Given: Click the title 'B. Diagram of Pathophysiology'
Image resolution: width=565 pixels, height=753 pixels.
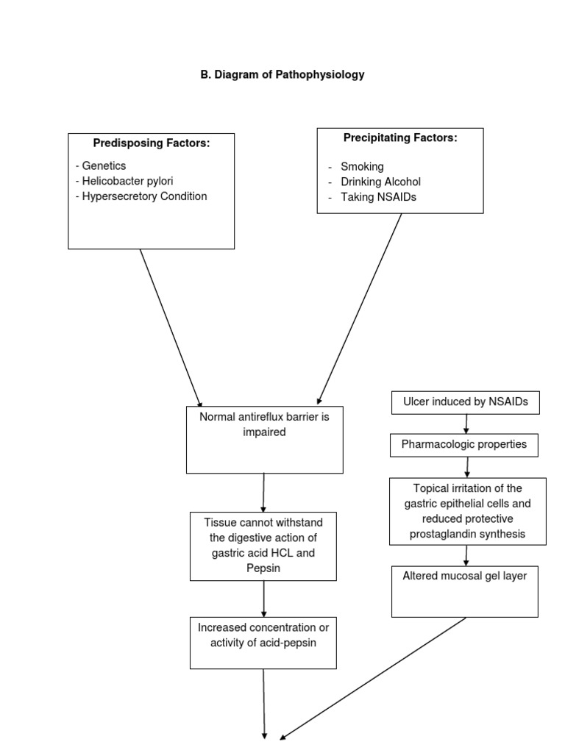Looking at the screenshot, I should tap(282, 75).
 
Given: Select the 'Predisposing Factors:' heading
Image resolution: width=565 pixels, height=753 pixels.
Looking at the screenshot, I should tap(151, 143).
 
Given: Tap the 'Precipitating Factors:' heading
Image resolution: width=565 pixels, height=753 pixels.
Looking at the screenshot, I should tap(400, 138).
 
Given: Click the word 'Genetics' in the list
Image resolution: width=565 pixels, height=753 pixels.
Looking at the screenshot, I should tap(104, 166).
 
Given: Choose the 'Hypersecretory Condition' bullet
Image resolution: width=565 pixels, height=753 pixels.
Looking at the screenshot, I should tap(141, 196).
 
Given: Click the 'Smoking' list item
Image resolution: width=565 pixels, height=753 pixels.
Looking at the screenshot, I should tap(361, 167).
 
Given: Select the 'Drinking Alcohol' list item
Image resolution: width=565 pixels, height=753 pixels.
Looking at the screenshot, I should tap(380, 182).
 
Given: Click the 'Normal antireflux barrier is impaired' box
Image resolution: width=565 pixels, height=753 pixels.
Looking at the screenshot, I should tap(265, 440).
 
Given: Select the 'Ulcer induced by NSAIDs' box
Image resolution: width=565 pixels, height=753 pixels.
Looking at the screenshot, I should tap(466, 402).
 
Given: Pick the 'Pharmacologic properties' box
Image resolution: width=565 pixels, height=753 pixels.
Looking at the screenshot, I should tap(464, 444).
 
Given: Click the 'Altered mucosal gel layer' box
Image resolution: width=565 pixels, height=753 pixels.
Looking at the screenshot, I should tap(465, 591).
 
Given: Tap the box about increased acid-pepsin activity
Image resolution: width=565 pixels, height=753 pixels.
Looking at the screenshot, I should tap(263, 642).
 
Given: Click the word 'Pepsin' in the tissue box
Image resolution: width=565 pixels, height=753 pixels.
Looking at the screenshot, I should tap(263, 568).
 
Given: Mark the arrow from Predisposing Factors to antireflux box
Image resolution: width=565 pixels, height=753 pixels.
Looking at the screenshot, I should tap(171, 328).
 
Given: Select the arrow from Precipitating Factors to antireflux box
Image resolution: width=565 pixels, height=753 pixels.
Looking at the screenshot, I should tap(360, 308).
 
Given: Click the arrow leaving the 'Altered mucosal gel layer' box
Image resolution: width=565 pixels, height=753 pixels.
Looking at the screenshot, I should tap(374, 677).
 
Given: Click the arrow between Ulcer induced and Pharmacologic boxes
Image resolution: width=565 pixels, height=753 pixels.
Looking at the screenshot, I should tap(466, 424).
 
